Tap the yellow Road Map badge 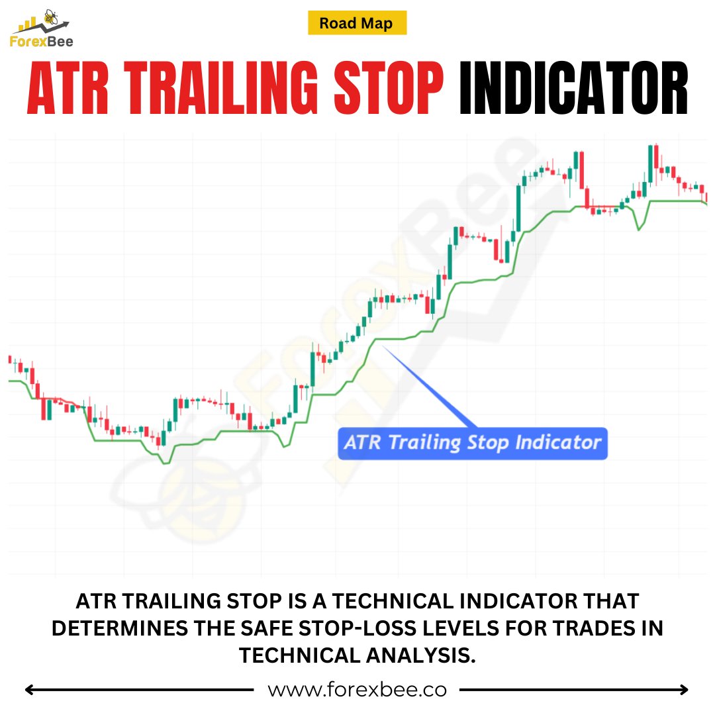pyautogui.click(x=357, y=24)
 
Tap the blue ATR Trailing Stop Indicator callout pyautogui.click(x=473, y=442)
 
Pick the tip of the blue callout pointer pyautogui.click(x=383, y=347)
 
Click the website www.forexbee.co pyautogui.click(x=357, y=690)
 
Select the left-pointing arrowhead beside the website pyautogui.click(x=30, y=690)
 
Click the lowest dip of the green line pyautogui.click(x=165, y=463)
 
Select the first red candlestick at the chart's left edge pyautogui.click(x=10, y=359)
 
